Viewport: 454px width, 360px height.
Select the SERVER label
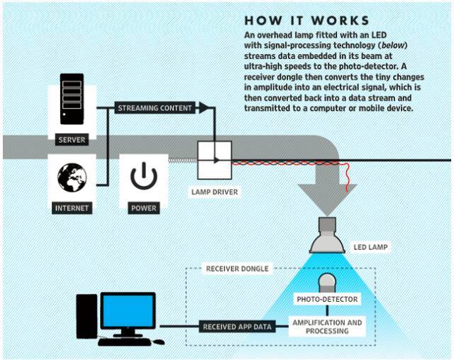click(72, 140)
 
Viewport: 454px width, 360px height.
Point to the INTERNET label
click(72, 209)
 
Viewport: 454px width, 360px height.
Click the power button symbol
click(143, 178)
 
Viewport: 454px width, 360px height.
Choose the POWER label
click(143, 209)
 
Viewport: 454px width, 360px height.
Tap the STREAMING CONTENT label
click(155, 108)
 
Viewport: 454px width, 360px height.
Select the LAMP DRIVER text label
click(215, 192)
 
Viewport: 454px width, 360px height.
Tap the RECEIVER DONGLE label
click(237, 269)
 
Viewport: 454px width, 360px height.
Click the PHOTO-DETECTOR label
click(328, 300)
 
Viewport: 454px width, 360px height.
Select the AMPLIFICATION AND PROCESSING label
click(327, 327)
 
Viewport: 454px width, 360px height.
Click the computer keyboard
click(126, 342)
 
